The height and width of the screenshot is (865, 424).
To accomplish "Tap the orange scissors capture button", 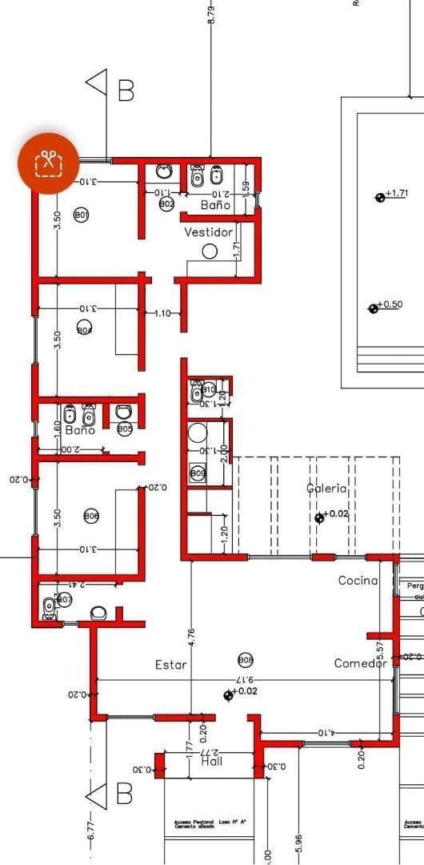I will tap(49, 163).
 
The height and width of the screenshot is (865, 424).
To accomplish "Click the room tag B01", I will tap(82, 215).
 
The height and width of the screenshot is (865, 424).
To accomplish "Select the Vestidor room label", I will tap(208, 232).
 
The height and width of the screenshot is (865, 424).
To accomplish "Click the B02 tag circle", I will tap(167, 204).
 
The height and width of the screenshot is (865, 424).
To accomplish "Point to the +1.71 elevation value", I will tap(397, 194).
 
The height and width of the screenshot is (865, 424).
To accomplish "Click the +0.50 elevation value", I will tap(390, 304).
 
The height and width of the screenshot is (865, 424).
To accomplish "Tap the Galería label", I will tap(326, 488).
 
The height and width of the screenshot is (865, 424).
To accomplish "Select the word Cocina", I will tap(358, 580).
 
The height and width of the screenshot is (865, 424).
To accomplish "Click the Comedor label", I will tap(360, 662).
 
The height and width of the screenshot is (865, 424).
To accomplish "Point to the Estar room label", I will tap(170, 664).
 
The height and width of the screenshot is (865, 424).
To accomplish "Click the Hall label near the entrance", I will tap(211, 761).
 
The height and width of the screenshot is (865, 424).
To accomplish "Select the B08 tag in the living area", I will tap(246, 660).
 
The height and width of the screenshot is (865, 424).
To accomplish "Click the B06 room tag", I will tap(92, 517).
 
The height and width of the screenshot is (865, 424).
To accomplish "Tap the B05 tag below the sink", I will tap(125, 428).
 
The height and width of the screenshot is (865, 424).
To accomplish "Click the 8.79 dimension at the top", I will tap(211, 14).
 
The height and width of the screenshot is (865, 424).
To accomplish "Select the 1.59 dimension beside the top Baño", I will tap(246, 187).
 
